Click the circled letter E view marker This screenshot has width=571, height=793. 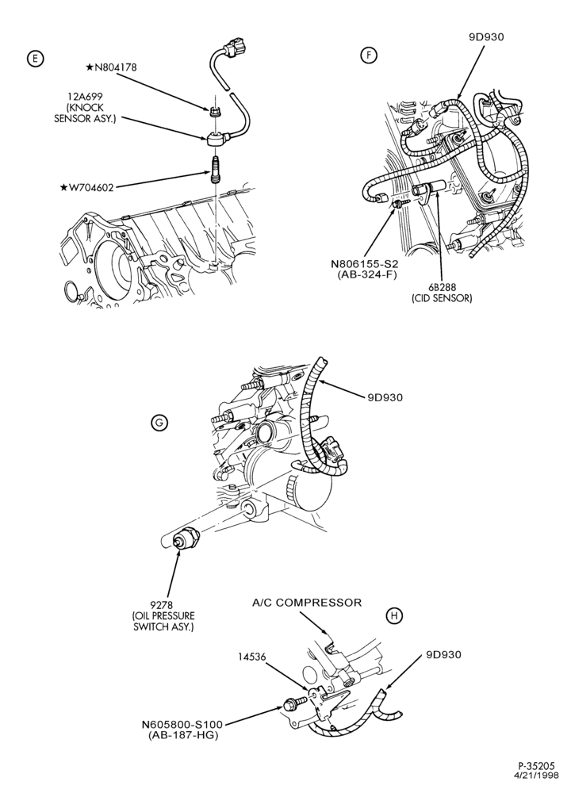pos(35,59)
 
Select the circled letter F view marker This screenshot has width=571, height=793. pos(369,56)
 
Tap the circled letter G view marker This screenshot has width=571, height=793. pos(159,423)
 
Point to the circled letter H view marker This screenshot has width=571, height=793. pos(394,615)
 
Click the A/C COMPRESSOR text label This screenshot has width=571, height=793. pos(307,603)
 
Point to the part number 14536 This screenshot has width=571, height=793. pos(252,657)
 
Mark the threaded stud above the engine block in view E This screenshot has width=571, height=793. pos(213,172)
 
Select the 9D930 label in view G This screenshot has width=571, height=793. pos(385,397)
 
